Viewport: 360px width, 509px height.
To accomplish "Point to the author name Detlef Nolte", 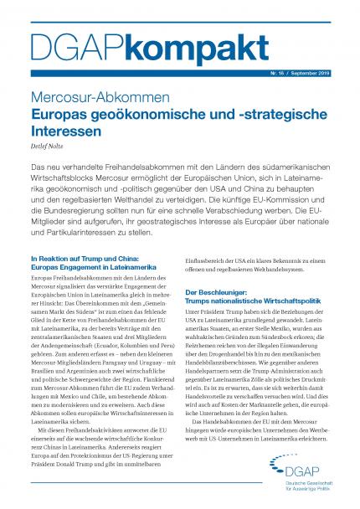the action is coord(47,147).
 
